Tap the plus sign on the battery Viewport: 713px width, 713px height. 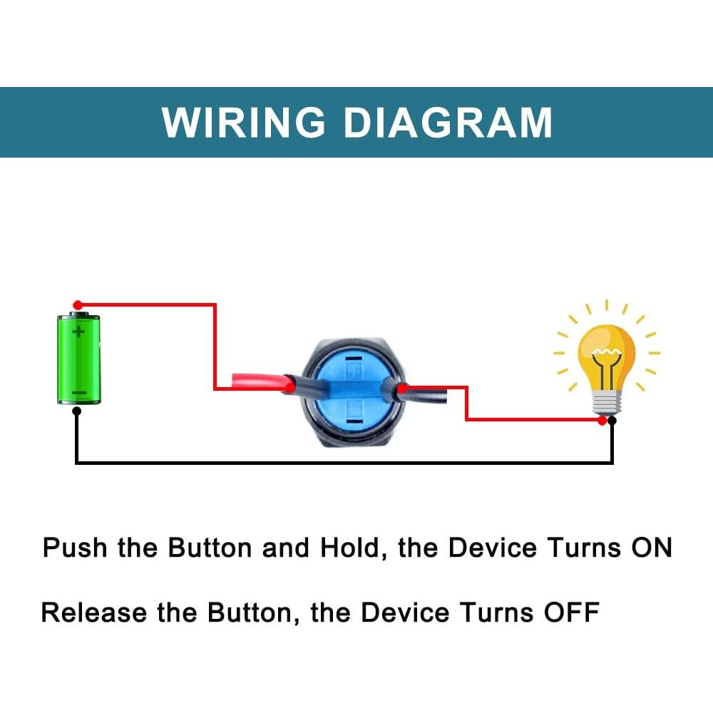(x=79, y=332)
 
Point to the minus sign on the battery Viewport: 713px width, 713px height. (x=79, y=393)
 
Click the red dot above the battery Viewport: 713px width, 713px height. (x=78, y=304)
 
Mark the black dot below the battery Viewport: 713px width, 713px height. (x=76, y=411)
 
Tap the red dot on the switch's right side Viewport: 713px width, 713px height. (x=401, y=389)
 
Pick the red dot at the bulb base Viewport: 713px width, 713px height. (x=602, y=421)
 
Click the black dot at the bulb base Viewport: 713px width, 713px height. (x=612, y=421)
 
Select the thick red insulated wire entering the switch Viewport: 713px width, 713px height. (x=257, y=381)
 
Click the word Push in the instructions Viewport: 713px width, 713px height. (x=76, y=548)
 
